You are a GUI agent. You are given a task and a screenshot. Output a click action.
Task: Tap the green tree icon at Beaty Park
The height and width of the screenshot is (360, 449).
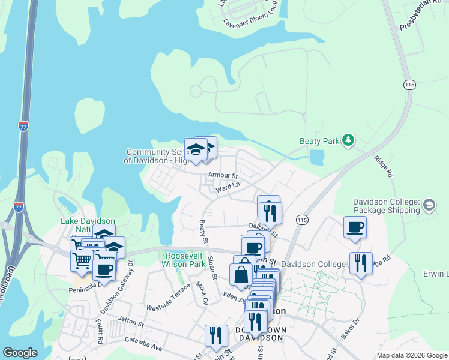tap(348, 141)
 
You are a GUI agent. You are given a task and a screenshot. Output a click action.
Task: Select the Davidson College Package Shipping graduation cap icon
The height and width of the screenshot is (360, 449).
tap(429, 205)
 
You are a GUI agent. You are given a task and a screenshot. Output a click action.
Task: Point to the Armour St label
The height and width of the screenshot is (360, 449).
tap(223, 175)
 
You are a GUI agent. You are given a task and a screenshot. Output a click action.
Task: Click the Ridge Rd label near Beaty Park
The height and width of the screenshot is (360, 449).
tap(382, 166)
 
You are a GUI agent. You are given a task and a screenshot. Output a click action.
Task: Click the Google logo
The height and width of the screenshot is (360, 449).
tap(20, 353)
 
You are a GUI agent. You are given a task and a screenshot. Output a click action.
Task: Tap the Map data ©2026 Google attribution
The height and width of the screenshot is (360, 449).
tap(412, 355)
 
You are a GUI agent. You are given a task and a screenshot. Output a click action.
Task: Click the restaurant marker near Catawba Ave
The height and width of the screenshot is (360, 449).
tap(216, 335)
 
